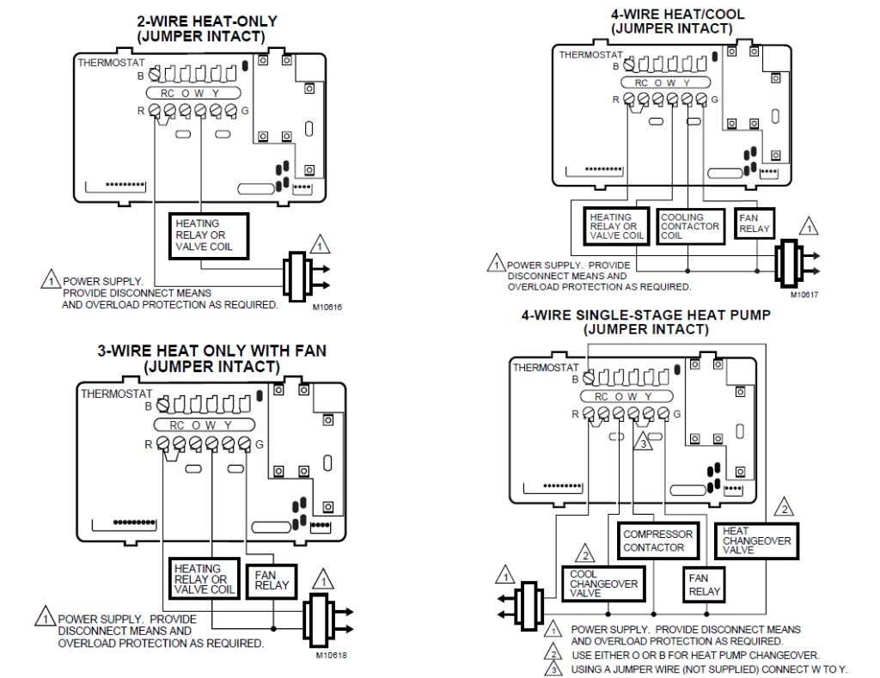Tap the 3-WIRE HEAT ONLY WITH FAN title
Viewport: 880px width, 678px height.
tap(211, 359)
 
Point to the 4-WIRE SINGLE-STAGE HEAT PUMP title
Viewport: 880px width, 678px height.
tap(645, 321)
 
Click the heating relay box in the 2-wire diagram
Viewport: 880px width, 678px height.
tap(209, 235)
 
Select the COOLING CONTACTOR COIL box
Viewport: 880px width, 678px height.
tap(691, 227)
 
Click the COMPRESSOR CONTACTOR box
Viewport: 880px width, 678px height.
tap(657, 541)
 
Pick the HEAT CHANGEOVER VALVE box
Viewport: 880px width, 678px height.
tap(756, 541)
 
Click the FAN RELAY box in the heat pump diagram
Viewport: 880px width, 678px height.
tap(705, 585)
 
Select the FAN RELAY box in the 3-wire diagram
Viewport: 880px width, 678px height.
tap(272, 581)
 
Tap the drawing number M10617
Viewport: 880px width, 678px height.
tap(802, 295)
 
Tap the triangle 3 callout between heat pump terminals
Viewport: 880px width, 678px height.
tap(642, 444)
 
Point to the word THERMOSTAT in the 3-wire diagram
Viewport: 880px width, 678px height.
tap(116, 394)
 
